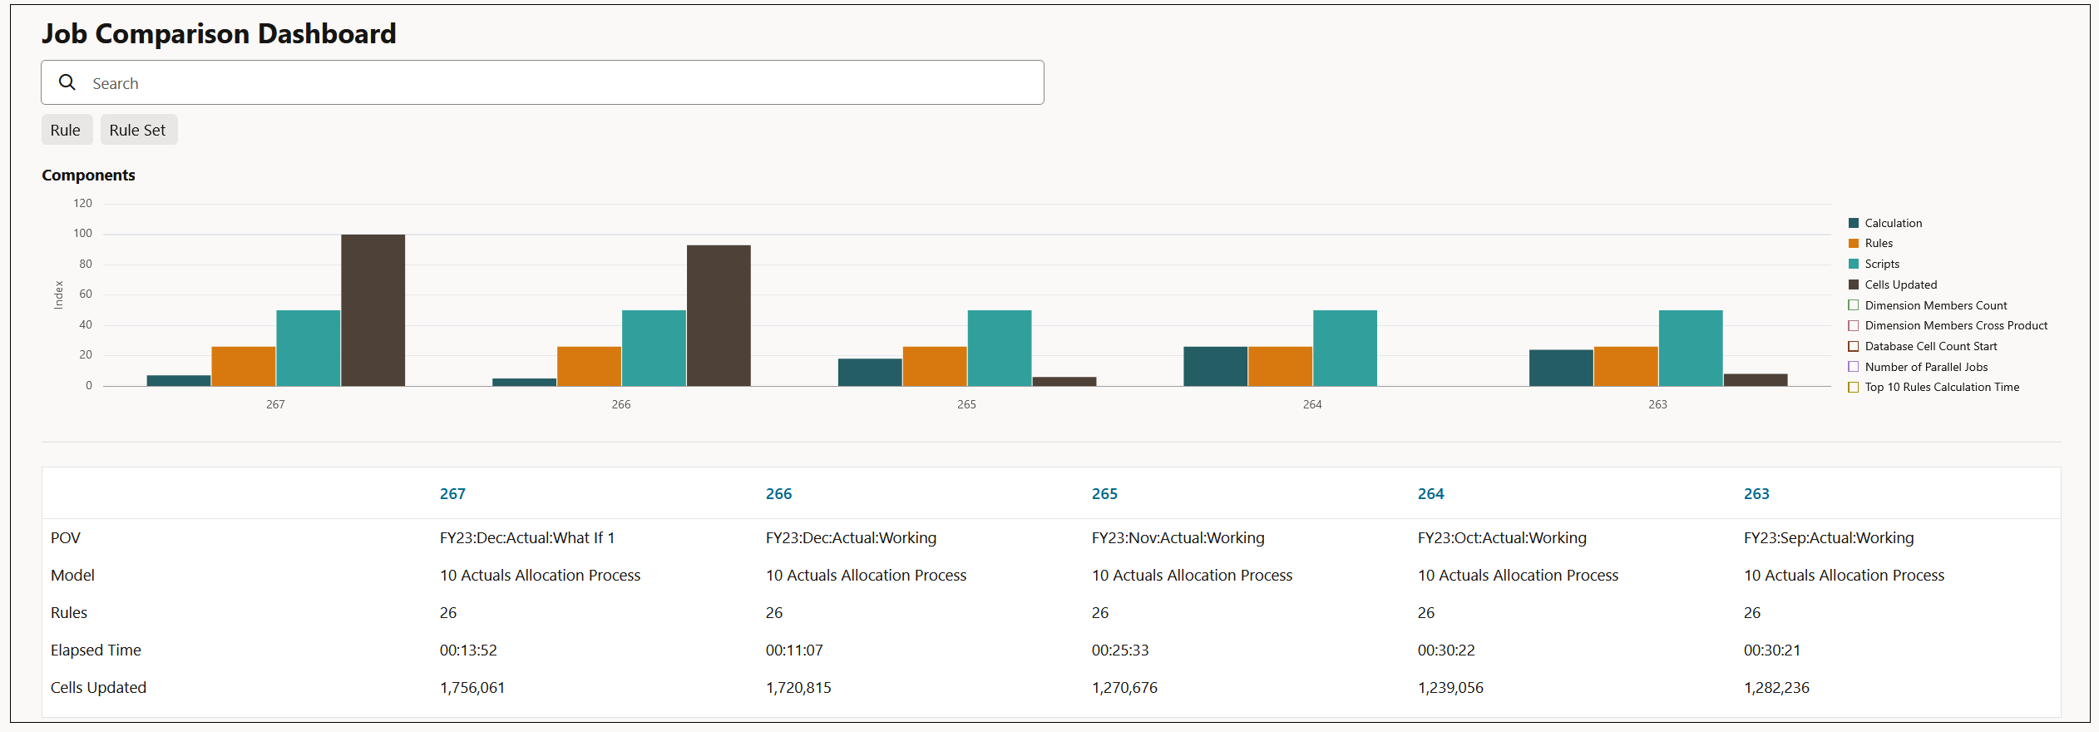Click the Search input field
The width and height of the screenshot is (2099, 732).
(541, 83)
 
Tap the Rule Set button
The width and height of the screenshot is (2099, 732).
(138, 131)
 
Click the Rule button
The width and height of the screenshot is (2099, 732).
(66, 131)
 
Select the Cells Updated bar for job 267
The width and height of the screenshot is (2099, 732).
(373, 310)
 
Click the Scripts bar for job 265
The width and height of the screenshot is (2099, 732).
(999, 348)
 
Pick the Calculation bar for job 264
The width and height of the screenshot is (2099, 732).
(1215, 366)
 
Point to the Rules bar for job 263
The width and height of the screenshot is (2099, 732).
(1625, 366)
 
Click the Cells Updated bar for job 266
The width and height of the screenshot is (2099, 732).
(719, 315)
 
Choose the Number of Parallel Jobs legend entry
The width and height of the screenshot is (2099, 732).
(1925, 367)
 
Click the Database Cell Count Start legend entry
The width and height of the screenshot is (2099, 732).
(1929, 346)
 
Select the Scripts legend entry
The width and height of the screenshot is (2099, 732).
(1881, 264)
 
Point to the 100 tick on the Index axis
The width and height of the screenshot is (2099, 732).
(82, 234)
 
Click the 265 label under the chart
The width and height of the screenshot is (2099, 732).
(966, 404)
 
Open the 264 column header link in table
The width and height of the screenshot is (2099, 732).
(1430, 494)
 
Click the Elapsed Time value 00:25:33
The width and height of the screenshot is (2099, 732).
(1119, 650)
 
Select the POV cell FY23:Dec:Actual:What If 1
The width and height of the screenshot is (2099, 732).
(526, 538)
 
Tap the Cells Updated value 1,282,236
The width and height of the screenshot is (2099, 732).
(1776, 688)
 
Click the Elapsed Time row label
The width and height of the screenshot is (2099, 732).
(96, 650)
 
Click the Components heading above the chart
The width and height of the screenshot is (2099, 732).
(88, 176)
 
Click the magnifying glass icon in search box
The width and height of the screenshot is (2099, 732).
(67, 82)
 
